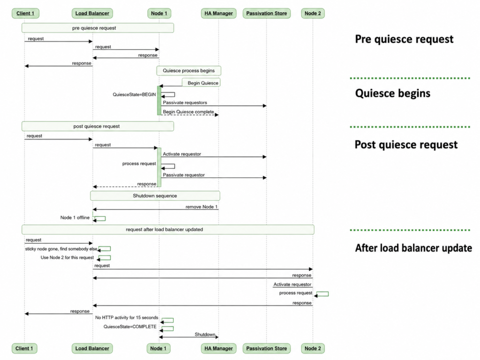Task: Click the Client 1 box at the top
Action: (x=25, y=14)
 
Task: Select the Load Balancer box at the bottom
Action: (x=92, y=348)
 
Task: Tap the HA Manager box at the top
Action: (x=218, y=14)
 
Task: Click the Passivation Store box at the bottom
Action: (x=266, y=348)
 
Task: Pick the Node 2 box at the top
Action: (x=313, y=14)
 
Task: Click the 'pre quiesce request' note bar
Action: (x=97, y=28)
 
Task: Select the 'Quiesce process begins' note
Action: (x=188, y=71)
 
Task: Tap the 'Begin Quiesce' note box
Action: (x=201, y=82)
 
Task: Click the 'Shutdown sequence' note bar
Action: (x=155, y=196)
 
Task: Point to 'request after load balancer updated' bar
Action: (x=168, y=230)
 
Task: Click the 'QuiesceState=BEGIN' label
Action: (x=134, y=95)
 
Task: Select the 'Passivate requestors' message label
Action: (x=185, y=103)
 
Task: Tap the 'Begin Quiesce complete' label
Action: (x=188, y=112)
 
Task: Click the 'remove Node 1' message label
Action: (x=202, y=207)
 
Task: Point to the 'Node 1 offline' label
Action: (x=75, y=217)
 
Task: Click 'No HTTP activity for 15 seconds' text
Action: (x=127, y=318)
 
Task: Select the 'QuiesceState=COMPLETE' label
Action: (x=130, y=327)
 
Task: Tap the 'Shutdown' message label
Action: (x=205, y=334)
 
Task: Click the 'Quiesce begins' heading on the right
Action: (x=393, y=93)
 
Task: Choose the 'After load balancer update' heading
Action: (x=413, y=248)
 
